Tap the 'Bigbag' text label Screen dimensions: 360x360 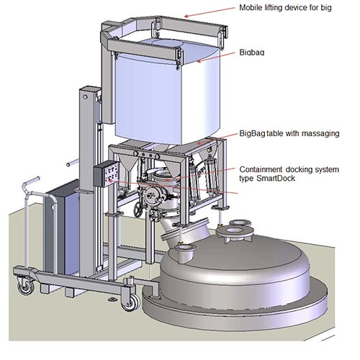tap(252, 53)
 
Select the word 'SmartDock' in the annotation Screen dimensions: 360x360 tap(276, 179)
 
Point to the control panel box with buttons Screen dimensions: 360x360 tap(106, 174)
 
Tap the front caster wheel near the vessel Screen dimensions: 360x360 tap(131, 302)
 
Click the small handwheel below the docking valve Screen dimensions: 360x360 tap(138, 210)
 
